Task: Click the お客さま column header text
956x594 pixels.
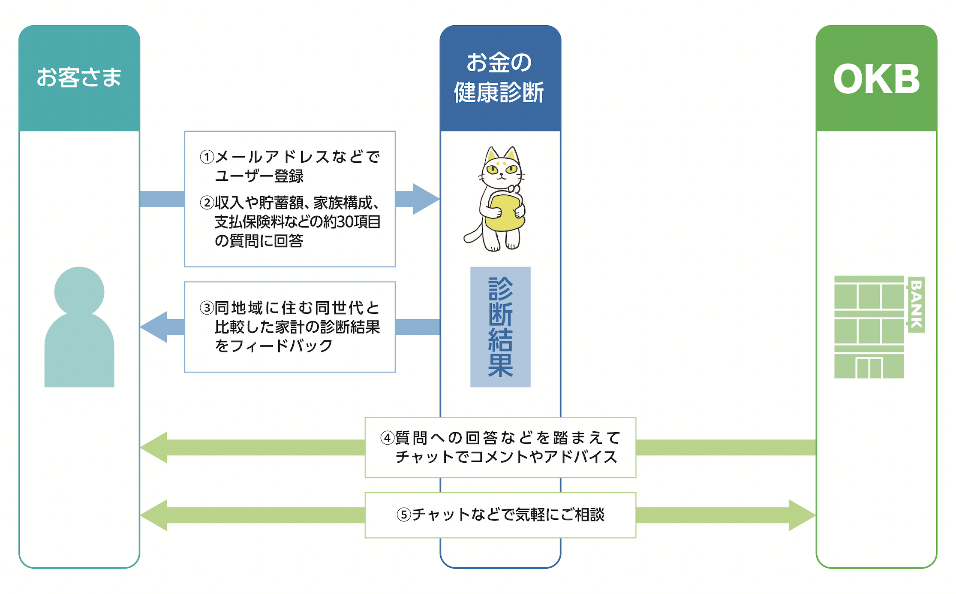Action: coord(79,78)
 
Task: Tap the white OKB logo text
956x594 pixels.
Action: coord(876,79)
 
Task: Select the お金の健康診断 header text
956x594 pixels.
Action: coord(499,78)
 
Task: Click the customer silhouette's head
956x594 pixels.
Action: coord(79,291)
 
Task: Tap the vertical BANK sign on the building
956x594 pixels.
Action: coord(916,304)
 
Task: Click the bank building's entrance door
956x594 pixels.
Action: coord(869,367)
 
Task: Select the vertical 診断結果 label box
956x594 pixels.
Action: coord(500,327)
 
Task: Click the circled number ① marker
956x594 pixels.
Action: coord(207,157)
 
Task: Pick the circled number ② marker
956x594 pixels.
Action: coord(207,203)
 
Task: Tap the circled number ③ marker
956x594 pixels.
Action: coord(207,308)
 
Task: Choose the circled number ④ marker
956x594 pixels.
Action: coord(388,438)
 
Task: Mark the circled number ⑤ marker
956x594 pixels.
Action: coord(403,514)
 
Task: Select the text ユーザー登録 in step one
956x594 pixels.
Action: coord(259,176)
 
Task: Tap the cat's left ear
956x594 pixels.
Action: coord(491,155)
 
